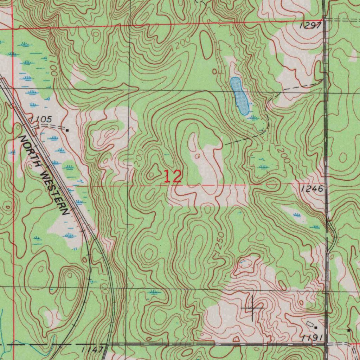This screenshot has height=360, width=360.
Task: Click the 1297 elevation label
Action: (x=311, y=25)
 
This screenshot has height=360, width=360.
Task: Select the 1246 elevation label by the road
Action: (x=312, y=189)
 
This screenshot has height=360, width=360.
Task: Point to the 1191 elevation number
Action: (x=312, y=337)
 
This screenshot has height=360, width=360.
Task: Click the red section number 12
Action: (x=173, y=176)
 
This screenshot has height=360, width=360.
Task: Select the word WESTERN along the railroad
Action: (x=56, y=192)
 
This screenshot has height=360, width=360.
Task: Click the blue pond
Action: (x=240, y=96)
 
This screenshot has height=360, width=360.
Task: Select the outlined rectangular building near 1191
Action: (x=310, y=323)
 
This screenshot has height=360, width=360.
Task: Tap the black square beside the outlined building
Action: (x=316, y=327)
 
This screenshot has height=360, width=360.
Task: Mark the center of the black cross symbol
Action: (x=252, y=308)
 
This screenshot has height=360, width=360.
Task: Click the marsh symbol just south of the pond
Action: (x=253, y=118)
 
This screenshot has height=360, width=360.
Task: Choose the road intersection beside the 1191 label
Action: (x=327, y=344)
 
